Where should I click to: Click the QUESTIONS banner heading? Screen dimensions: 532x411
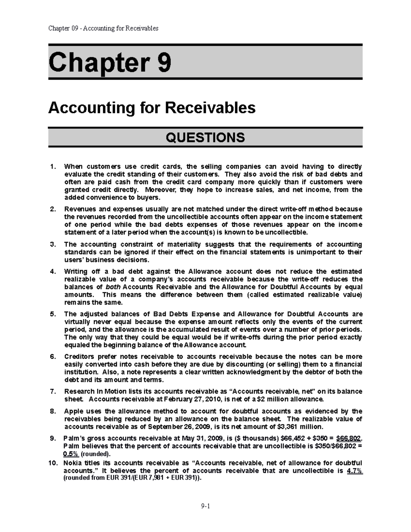pyautogui.click(x=205, y=137)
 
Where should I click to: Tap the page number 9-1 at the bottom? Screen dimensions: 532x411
pyautogui.click(x=206, y=506)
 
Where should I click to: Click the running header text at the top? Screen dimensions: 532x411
pyautogui.click(x=103, y=28)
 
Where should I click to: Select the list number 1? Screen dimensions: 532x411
pyautogui.click(x=52, y=167)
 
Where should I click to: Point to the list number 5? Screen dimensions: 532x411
pyautogui.click(x=52, y=314)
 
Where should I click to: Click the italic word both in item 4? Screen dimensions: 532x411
pyautogui.click(x=113, y=287)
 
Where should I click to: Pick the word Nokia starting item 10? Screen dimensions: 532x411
pyautogui.click(x=74, y=463)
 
